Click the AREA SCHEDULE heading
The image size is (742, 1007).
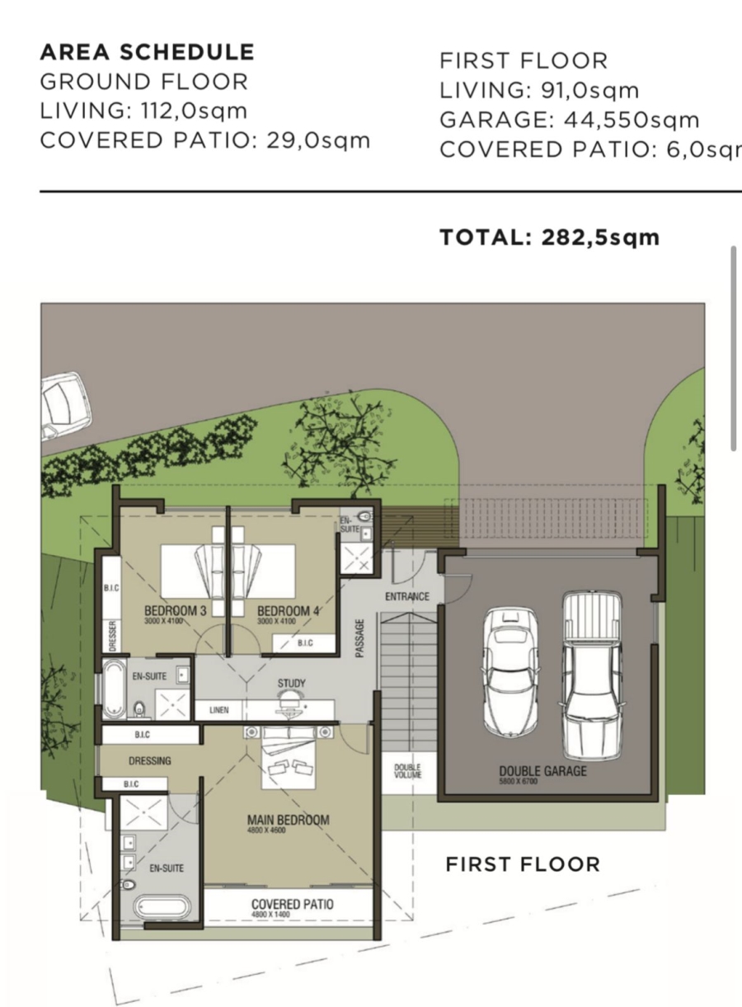147,52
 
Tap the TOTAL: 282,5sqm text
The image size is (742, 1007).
549,238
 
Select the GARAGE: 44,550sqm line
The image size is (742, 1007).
569,120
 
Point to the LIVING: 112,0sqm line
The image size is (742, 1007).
143,111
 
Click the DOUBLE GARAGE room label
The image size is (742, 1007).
542,771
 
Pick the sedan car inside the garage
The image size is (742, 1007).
510,671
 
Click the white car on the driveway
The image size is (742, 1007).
64,404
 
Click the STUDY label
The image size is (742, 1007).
291,684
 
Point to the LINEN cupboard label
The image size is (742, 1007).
219,710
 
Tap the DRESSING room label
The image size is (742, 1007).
149,760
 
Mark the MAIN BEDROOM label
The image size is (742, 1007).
288,820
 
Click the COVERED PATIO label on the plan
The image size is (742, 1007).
292,905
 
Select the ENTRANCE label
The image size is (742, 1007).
407,596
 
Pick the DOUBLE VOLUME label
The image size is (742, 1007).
407,771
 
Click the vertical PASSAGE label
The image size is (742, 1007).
359,639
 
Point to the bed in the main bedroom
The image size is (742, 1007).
289,759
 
